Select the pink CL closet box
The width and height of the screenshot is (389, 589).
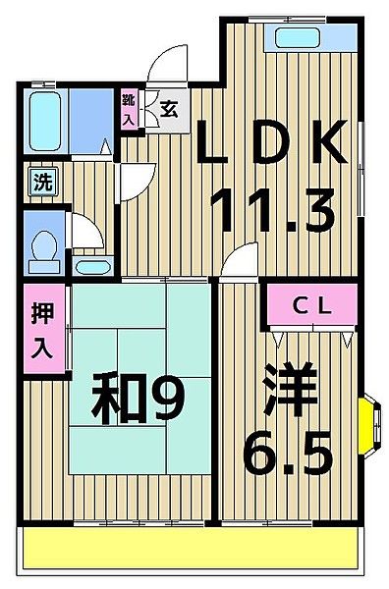[x=312, y=306]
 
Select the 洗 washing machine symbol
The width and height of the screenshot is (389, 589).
[x=41, y=182]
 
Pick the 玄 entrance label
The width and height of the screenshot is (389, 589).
[x=169, y=109]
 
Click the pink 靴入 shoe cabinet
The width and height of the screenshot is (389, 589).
[x=129, y=109]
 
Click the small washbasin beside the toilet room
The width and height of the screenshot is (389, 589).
[x=94, y=265]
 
